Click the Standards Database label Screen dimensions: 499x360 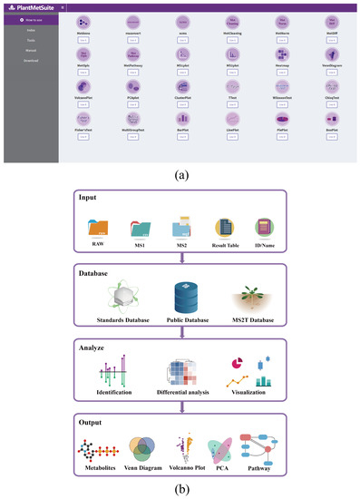point(115,320)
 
